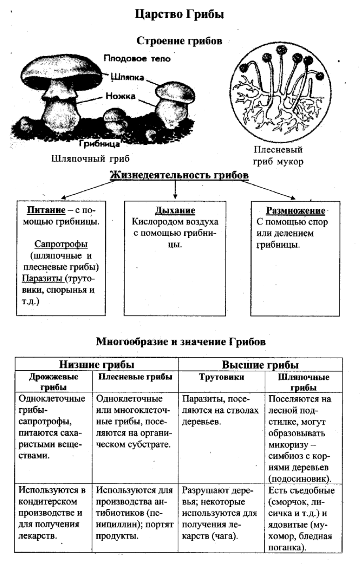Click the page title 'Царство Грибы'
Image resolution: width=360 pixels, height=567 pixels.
[180, 15]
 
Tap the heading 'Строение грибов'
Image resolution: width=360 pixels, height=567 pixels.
[179, 41]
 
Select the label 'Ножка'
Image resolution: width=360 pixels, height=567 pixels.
[120, 96]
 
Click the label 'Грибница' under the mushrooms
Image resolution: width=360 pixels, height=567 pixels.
[99, 143]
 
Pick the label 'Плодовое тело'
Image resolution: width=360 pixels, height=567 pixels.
[137, 59]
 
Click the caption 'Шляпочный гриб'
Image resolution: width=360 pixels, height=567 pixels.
[90, 159]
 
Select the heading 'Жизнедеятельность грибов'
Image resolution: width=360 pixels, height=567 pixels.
[179, 175]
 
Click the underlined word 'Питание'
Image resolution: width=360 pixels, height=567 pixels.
[40, 210]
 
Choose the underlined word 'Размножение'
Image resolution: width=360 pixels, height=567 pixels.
[295, 211]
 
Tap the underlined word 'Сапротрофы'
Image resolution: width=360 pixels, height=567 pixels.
[61, 244]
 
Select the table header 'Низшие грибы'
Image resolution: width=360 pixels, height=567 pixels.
[97, 364]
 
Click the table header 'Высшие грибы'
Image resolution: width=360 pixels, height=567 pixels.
[260, 364]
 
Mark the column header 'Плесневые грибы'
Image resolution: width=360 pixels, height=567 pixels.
[135, 377]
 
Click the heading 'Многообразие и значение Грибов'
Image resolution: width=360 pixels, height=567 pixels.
[180, 342]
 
